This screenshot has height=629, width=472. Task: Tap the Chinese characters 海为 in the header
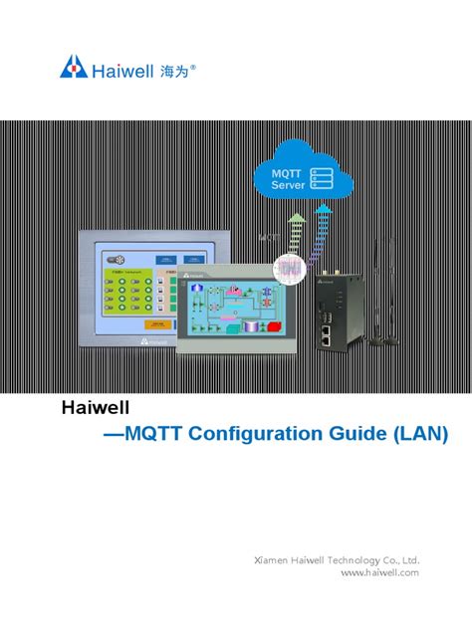click(171, 69)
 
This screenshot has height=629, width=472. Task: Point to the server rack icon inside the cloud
click(322, 178)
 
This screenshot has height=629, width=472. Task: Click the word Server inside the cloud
click(288, 186)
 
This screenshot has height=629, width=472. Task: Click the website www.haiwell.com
click(379, 572)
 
